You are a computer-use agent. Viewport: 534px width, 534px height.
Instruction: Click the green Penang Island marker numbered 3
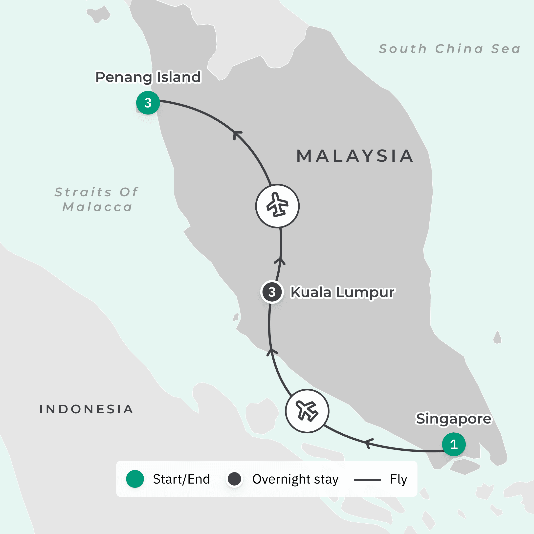coord(148,103)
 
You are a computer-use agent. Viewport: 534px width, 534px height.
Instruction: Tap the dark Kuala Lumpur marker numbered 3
coord(272,292)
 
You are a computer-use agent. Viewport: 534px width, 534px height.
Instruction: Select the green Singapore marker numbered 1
coord(454,444)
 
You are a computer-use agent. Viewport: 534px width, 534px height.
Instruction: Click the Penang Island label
coord(148,77)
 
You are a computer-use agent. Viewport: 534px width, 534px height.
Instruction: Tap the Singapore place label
coord(454,419)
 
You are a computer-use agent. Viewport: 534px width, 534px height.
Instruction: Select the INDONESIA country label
coord(87,409)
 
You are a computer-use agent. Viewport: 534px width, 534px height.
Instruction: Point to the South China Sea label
coord(450,49)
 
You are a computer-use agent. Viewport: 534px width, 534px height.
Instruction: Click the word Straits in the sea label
coord(83,192)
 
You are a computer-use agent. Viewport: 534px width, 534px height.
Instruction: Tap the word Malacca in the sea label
coord(98,207)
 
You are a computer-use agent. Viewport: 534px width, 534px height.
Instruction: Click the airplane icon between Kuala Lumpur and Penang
coord(277,206)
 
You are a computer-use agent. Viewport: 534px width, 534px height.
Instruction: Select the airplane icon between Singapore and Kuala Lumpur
coord(307,411)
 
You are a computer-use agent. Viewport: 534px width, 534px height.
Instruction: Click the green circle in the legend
coord(135,479)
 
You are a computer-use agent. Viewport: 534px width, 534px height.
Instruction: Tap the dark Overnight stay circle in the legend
coord(234,479)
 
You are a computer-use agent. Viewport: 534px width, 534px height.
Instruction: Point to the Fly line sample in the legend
coord(367,480)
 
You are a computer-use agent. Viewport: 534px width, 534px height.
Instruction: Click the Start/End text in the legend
coord(181,479)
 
